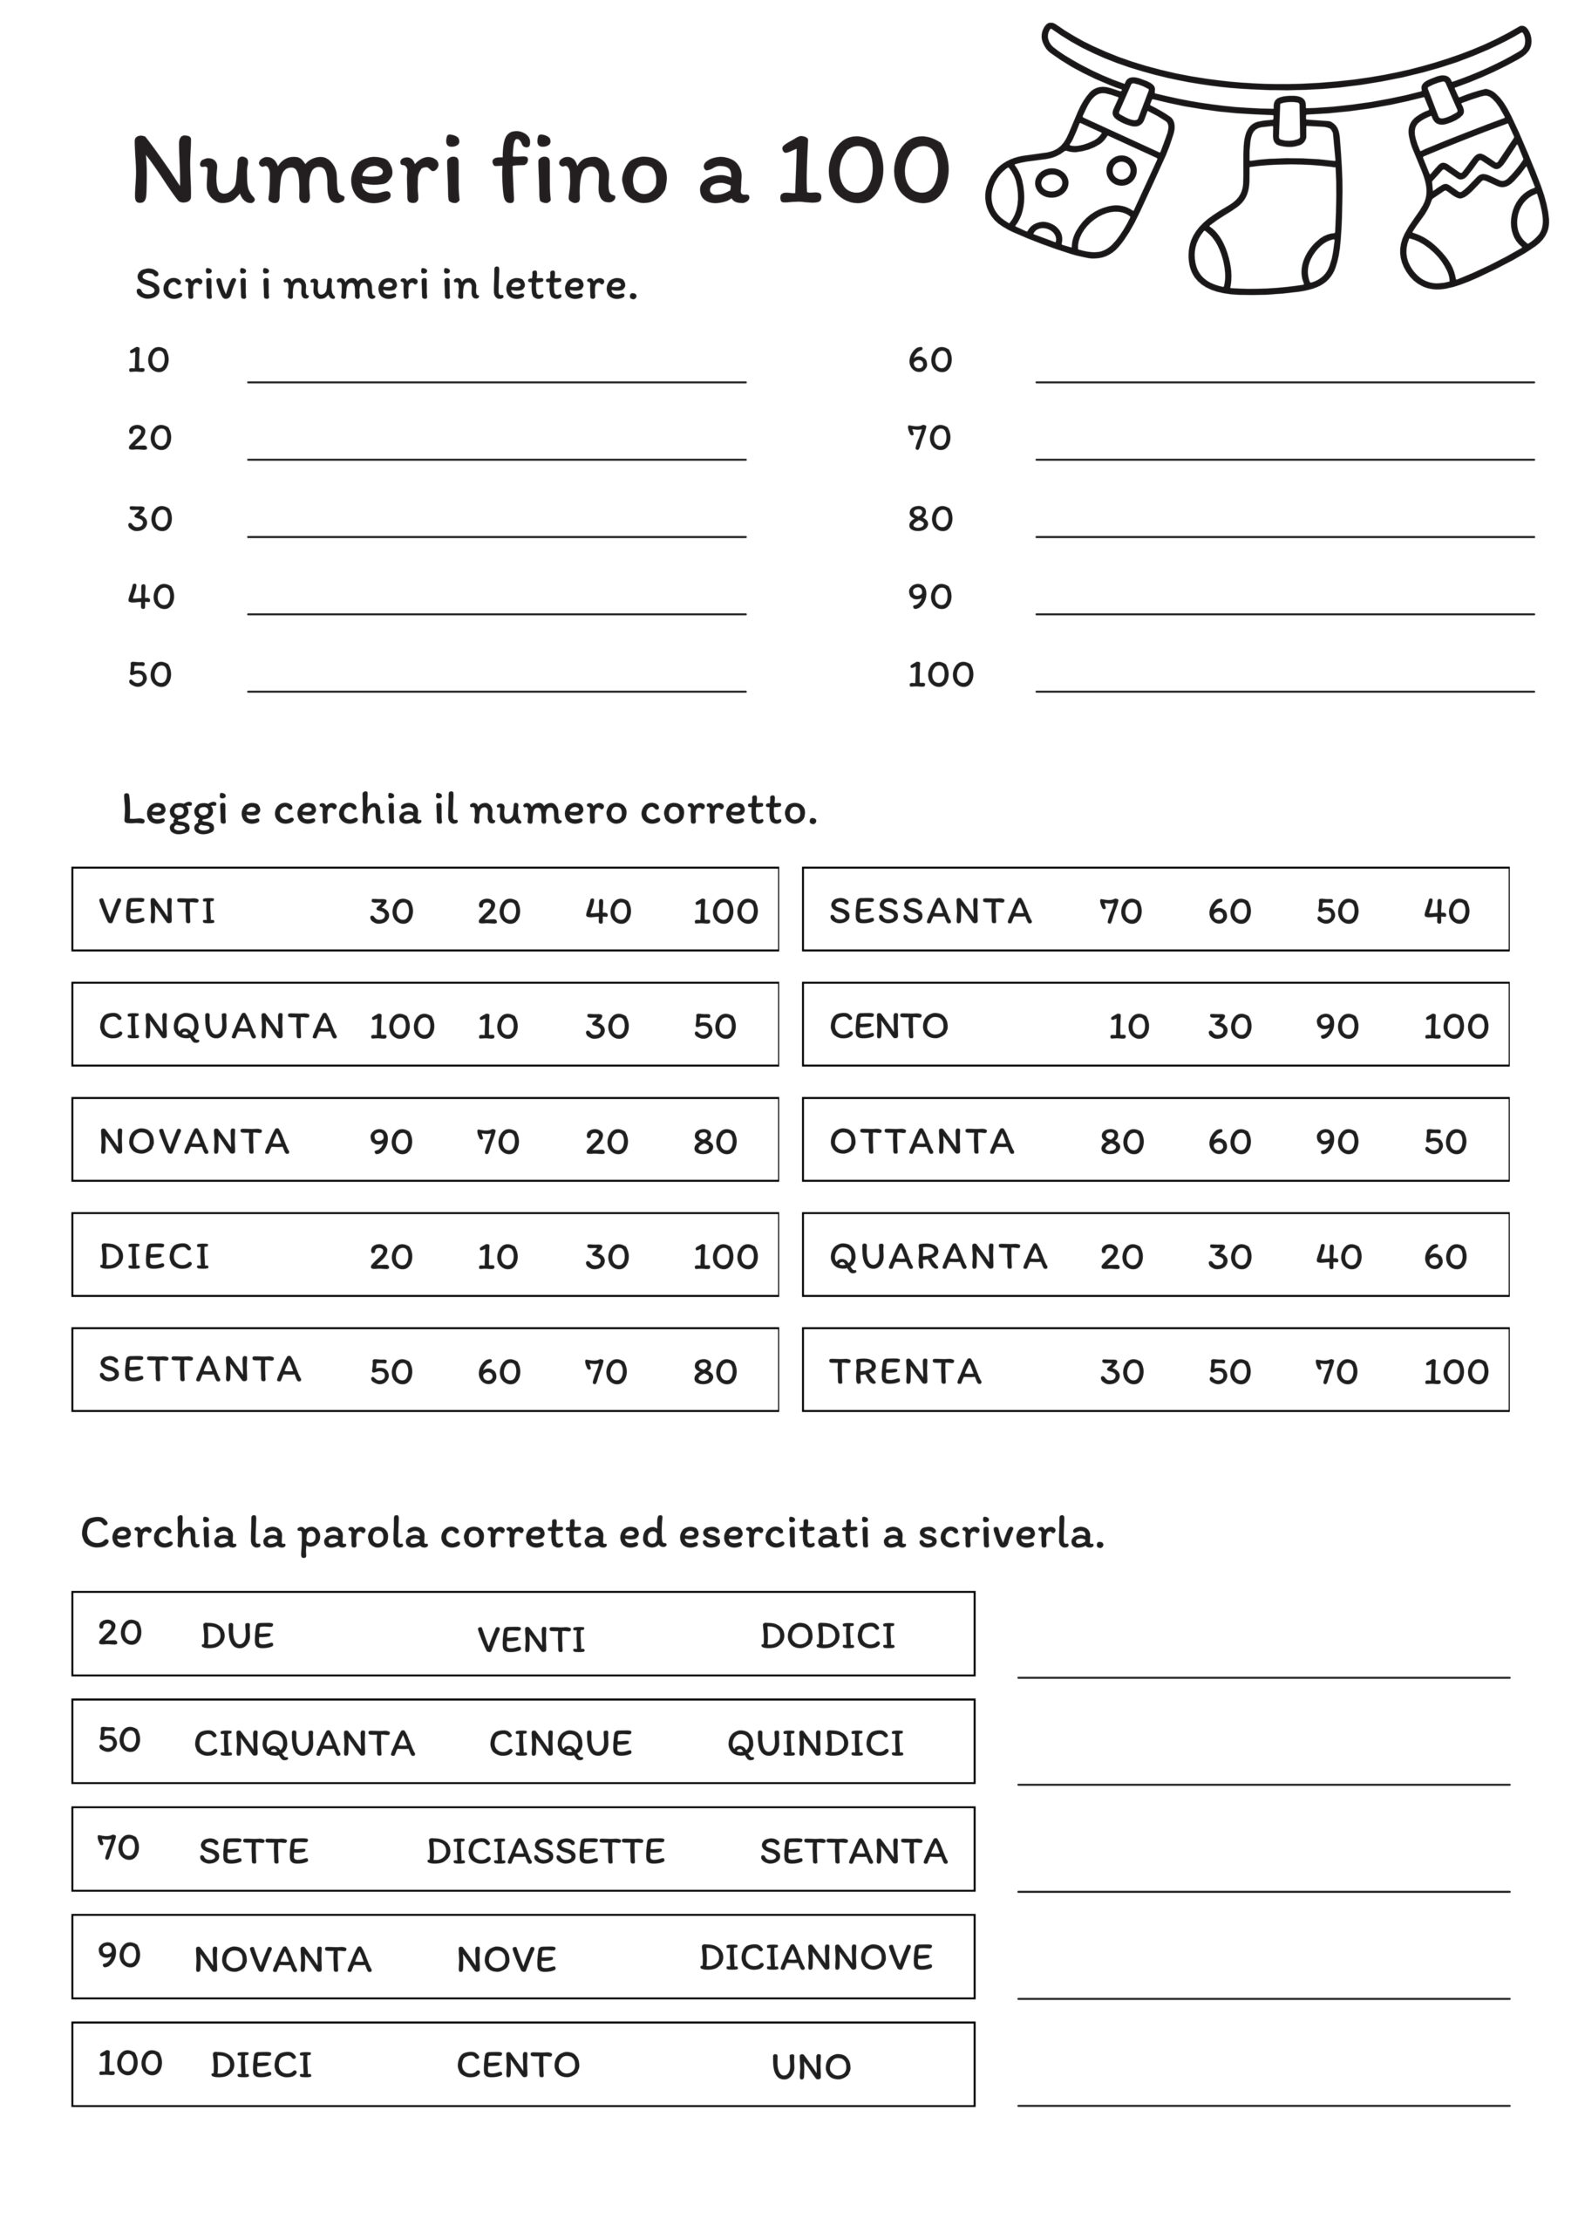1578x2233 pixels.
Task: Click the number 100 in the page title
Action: pyautogui.click(x=863, y=171)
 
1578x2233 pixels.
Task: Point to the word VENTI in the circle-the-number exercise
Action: pyautogui.click(x=157, y=912)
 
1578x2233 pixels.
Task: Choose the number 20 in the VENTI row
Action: pyautogui.click(x=499, y=912)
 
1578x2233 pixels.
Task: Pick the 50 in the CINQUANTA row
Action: pyautogui.click(x=715, y=1026)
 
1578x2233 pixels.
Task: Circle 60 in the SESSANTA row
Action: pyautogui.click(x=1229, y=912)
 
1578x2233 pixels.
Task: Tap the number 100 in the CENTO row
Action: pyautogui.click(x=1455, y=1026)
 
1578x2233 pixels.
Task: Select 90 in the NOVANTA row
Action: pyautogui.click(x=391, y=1141)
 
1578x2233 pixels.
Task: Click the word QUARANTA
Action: pyautogui.click(x=938, y=1255)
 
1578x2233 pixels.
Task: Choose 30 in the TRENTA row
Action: pyautogui.click(x=1121, y=1371)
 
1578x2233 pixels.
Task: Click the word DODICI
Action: pyautogui.click(x=827, y=1635)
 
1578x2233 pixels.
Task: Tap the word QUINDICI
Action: pyautogui.click(x=815, y=1744)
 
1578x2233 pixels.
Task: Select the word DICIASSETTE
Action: pyautogui.click(x=546, y=1851)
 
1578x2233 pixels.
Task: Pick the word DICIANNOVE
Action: pyautogui.click(x=816, y=1956)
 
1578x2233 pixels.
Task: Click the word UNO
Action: pyautogui.click(x=811, y=2066)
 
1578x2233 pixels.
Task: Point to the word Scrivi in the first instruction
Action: pyautogui.click(x=186, y=285)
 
